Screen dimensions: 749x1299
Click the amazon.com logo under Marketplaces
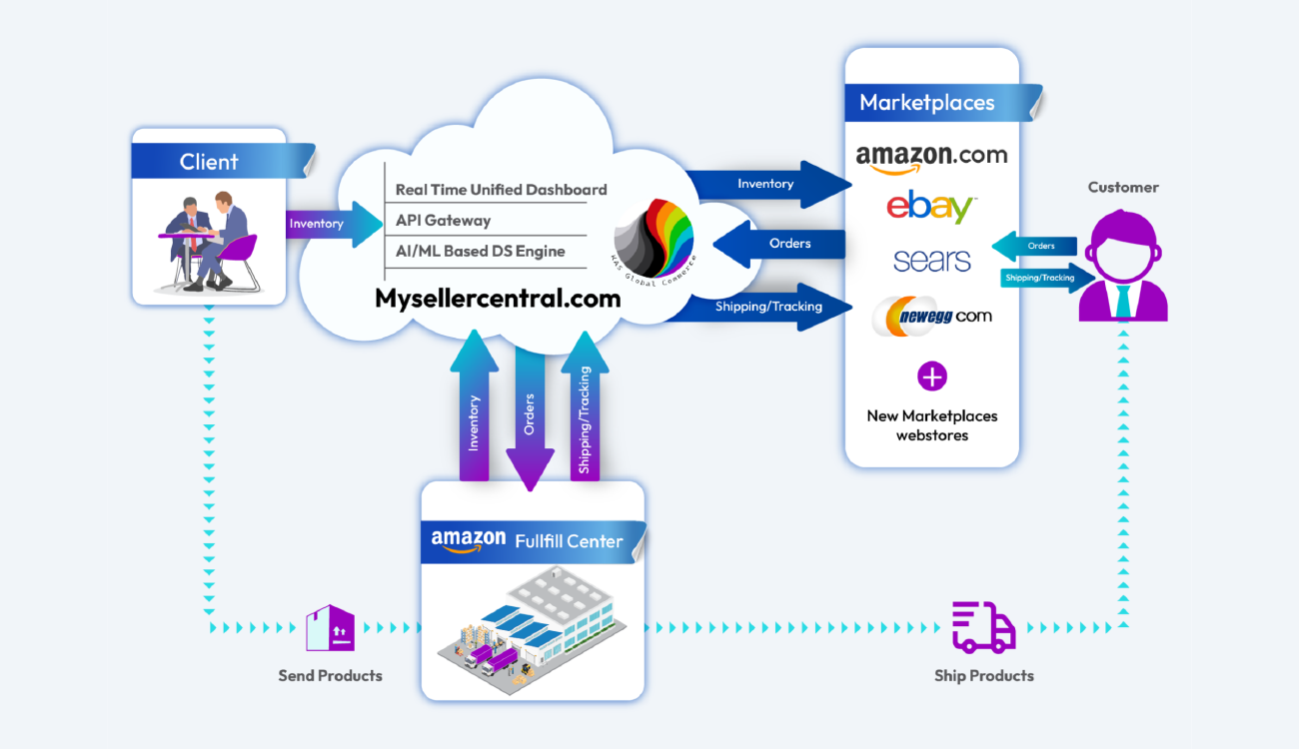coord(931,157)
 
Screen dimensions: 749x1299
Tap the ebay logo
coord(930,207)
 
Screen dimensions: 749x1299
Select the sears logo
coord(931,261)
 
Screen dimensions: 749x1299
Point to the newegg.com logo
coord(931,317)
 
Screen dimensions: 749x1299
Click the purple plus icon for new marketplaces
coord(931,376)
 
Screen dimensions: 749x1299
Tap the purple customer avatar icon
coord(1123,270)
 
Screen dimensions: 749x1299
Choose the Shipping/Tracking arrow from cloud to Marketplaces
coord(764,307)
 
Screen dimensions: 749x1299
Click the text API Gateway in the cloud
coord(443,220)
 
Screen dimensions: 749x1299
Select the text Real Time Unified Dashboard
coord(501,189)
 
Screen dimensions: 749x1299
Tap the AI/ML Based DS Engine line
coord(480,251)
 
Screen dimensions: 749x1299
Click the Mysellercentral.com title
coord(498,298)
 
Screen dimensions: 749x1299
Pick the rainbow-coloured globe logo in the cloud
coord(655,237)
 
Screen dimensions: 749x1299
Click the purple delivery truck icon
coord(983,627)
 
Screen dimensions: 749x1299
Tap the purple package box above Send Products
coord(330,628)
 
